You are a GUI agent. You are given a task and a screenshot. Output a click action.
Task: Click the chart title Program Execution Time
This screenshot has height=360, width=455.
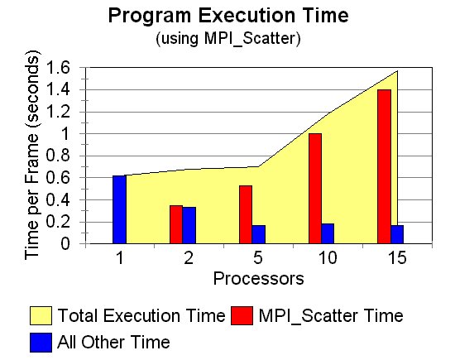coord(228,16)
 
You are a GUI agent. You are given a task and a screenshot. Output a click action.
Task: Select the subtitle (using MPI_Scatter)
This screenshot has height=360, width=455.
coord(228,38)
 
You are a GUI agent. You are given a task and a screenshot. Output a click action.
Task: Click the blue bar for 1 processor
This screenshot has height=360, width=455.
coord(120,209)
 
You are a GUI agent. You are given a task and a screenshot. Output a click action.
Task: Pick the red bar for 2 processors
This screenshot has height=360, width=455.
coord(176,224)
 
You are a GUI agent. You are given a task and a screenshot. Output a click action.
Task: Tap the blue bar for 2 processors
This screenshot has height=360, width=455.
coord(189,225)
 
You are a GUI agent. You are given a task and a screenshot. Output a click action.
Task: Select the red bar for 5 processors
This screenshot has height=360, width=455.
coord(246,214)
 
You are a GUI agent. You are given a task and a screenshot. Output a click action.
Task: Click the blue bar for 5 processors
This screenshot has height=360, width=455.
coord(259,234)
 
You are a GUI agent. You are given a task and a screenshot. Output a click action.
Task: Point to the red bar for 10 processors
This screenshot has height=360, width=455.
coord(315,189)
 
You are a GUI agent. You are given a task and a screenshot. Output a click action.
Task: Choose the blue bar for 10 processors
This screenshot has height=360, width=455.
coord(328,233)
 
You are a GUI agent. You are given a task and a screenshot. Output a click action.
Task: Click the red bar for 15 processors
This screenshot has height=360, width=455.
coord(385,166)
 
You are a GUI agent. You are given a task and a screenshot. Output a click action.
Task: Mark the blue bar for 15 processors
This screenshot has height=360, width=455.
coord(397,234)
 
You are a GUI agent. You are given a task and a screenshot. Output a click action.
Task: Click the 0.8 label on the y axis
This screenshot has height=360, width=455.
coord(58,156)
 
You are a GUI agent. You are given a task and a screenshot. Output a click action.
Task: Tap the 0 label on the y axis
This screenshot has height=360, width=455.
coord(65,244)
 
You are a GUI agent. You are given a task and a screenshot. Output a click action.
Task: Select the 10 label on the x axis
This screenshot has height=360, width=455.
coord(328,257)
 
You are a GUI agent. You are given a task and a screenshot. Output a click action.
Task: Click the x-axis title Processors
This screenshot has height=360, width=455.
coord(259,279)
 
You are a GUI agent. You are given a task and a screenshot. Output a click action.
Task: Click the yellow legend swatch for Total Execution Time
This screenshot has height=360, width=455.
coord(41,315)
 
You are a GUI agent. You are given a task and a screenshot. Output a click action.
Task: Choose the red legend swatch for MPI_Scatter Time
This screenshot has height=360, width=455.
coord(242,315)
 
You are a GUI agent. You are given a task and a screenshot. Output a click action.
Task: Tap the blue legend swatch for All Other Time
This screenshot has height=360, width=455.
coord(41,343)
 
